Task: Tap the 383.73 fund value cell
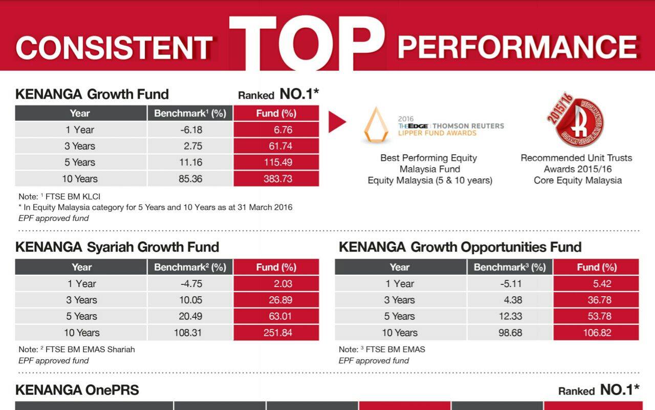[276, 179]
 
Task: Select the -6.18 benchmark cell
[190, 130]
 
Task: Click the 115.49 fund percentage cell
[276, 162]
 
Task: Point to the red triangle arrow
[337, 122]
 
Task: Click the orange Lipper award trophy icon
[376, 126]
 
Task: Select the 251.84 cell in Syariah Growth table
[276, 333]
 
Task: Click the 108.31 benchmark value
[188, 333]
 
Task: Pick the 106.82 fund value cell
[596, 333]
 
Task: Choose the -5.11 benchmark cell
[510, 283]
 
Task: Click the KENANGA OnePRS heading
[77, 390]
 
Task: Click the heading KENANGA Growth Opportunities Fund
[460, 247]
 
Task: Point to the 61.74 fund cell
[276, 146]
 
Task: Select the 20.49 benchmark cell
[190, 316]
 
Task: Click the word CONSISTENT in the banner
[114, 48]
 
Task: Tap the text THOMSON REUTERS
[468, 126]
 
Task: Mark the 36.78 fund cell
[596, 300]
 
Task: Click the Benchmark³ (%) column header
[510, 267]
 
